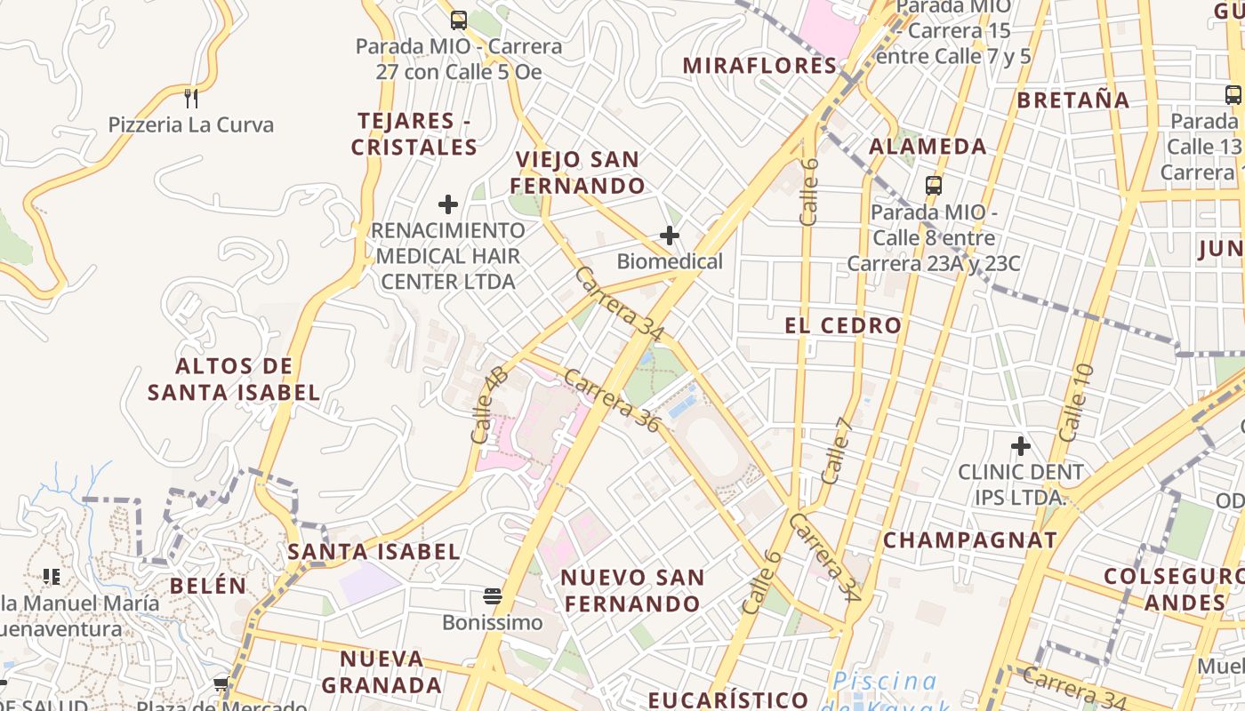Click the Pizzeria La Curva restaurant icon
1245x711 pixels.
tap(190, 98)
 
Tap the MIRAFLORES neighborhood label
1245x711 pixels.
tap(760, 66)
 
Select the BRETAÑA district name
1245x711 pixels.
tap(1072, 100)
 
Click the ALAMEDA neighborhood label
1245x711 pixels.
tap(928, 147)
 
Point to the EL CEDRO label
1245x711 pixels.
tap(843, 325)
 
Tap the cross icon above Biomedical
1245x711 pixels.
tap(670, 236)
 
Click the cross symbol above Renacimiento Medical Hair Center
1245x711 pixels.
tap(448, 204)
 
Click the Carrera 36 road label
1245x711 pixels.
tap(612, 401)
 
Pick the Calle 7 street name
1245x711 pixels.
tap(837, 451)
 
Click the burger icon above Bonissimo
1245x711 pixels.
tap(492, 595)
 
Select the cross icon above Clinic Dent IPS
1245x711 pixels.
tap(1020, 445)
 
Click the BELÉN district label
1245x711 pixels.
tap(207, 586)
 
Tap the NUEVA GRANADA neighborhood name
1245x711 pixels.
tap(382, 672)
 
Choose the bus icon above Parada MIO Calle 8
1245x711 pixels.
tap(933, 186)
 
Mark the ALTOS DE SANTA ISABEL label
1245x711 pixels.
tap(234, 379)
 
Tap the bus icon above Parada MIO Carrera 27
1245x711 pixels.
tap(458, 20)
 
